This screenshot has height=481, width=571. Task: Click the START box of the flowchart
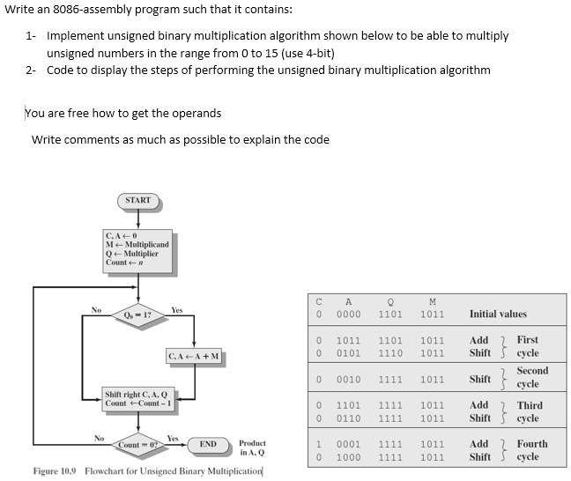point(137,201)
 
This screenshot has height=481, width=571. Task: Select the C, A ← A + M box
point(195,356)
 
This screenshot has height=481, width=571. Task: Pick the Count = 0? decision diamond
point(137,444)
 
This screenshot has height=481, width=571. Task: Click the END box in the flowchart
point(208,444)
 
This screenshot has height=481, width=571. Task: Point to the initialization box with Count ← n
point(137,248)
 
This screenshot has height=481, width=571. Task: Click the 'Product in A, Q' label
point(252,448)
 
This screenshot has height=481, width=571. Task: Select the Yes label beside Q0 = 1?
point(176,310)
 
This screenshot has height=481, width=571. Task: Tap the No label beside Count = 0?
point(100,438)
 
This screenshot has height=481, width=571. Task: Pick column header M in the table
point(432,300)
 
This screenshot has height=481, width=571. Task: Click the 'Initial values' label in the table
point(498,314)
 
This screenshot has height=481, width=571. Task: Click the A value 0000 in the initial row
point(348,314)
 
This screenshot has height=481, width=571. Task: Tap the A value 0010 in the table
point(348,380)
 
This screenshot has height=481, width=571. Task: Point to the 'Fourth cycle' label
point(530,450)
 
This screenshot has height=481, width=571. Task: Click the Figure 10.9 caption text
point(147,470)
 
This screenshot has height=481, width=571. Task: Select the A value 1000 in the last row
point(348,457)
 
